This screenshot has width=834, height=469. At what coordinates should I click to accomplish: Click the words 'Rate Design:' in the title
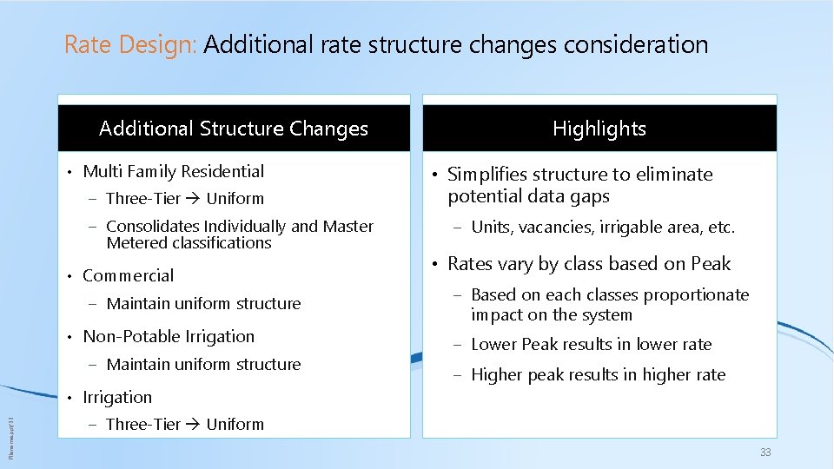point(131,45)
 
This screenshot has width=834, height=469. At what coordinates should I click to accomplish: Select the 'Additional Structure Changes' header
point(234,129)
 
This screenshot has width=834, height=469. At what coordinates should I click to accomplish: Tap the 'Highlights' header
point(599,129)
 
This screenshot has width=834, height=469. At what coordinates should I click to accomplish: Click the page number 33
point(764,452)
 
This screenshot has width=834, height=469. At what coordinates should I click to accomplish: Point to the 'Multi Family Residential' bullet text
point(173,171)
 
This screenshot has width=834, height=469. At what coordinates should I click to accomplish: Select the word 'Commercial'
point(128,275)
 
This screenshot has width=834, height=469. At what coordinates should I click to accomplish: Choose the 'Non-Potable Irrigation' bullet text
point(169,336)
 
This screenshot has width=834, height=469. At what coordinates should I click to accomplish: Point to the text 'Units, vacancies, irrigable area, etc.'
point(603,228)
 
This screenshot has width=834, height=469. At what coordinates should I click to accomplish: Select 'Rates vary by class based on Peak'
point(589,264)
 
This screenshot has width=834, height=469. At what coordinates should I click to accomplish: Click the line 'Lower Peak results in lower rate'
point(591,344)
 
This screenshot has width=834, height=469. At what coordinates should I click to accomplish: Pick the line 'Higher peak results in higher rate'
point(598,374)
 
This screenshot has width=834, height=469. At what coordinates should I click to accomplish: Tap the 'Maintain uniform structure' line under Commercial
point(203,303)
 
